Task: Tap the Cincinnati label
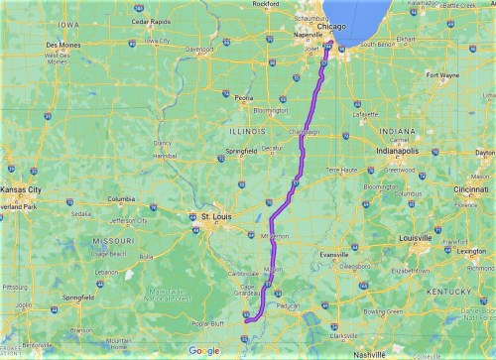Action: pyautogui.click(x=471, y=188)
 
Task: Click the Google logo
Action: pyautogui.click(x=204, y=350)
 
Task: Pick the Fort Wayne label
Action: pyautogui.click(x=443, y=74)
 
